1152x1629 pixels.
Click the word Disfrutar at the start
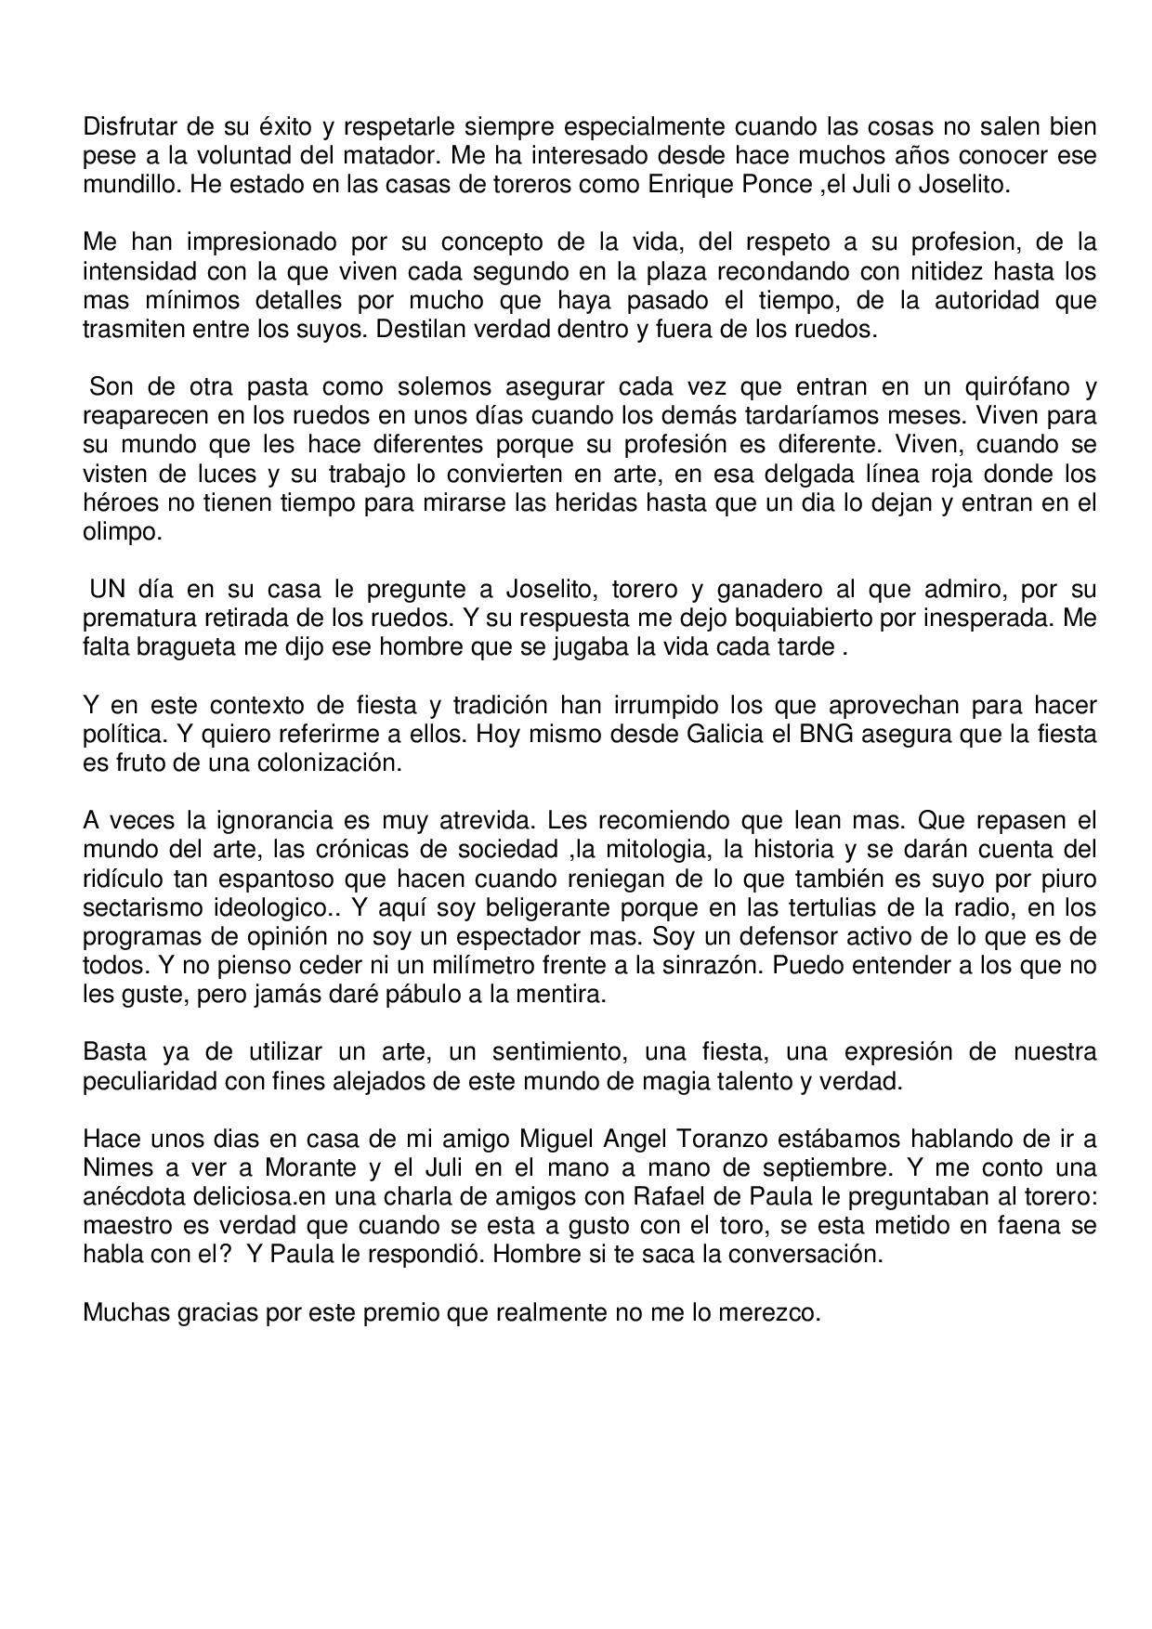pos(125,126)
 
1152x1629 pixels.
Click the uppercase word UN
pos(107,590)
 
